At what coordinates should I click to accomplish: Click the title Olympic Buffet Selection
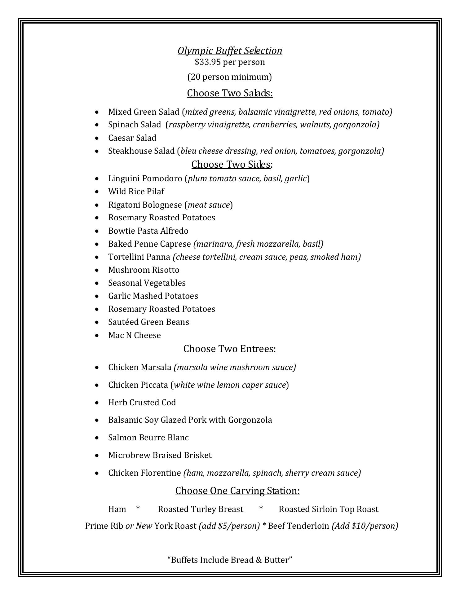pos(230,51)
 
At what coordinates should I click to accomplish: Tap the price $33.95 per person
pos(230,62)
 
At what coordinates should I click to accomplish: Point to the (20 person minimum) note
pos(230,77)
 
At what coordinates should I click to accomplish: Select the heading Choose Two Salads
pos(230,93)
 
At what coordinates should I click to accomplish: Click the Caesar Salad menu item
pos(132,138)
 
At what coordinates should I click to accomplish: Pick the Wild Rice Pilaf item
pos(136,192)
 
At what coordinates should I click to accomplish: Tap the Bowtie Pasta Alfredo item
pos(148,231)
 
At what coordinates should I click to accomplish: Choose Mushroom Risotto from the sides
pos(144,270)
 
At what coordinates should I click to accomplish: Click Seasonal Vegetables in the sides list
pos(147,283)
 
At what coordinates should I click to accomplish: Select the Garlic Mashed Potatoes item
pos(153,296)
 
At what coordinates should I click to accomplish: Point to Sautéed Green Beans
pos(148,322)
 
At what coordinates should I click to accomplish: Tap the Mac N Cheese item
pos(135,335)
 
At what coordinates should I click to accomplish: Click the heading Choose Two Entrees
pos(230,349)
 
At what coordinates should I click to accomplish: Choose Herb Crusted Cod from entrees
pos(142,403)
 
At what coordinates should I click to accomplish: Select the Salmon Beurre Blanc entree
pos(148,438)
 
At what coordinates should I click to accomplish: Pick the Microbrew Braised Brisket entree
pos(160,455)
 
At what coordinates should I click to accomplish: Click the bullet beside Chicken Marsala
pos(98,368)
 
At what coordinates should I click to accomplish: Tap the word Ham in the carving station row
pos(117,509)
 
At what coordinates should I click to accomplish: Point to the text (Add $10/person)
pos(365,526)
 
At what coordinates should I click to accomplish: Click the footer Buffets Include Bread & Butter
pos(230,560)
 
